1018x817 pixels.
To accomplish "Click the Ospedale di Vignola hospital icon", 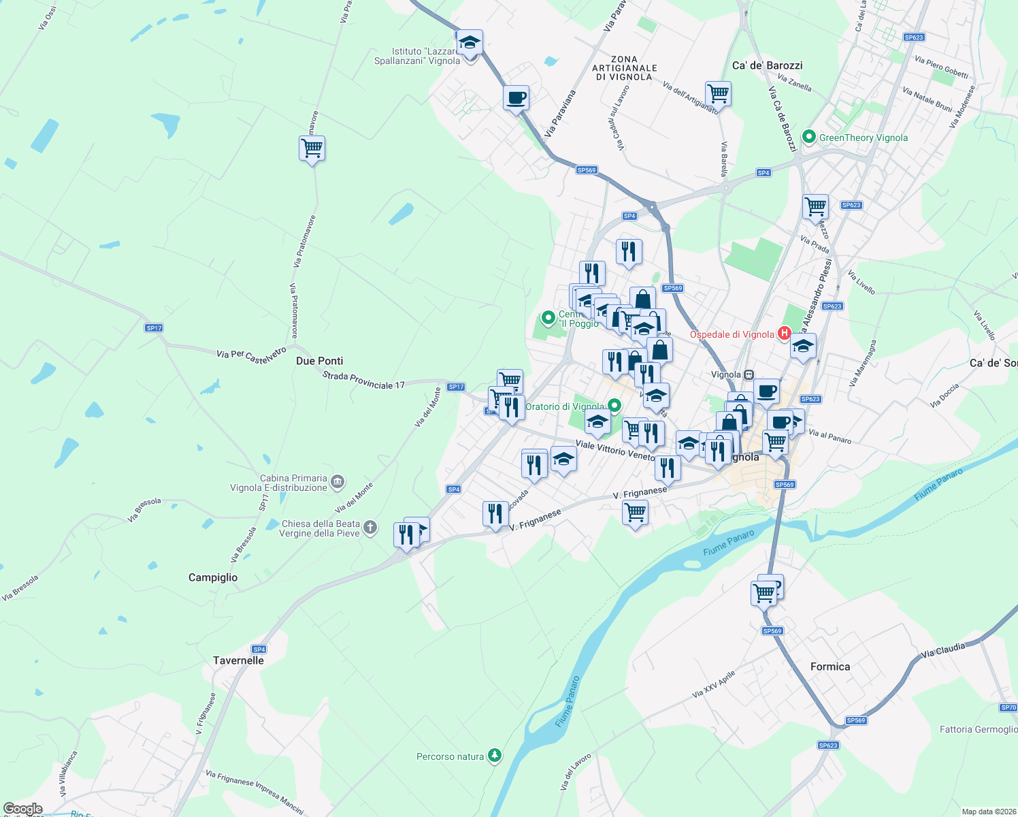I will pyautogui.click(x=784, y=334).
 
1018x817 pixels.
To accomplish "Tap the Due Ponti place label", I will pyautogui.click(x=320, y=361).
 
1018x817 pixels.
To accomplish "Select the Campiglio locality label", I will pyautogui.click(x=213, y=577).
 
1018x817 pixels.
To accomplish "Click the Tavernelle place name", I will pyautogui.click(x=238, y=660).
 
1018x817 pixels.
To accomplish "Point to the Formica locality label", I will pyautogui.click(x=830, y=667).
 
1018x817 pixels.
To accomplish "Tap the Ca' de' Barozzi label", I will pyautogui.click(x=768, y=65).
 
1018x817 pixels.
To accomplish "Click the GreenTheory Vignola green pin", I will pyautogui.click(x=809, y=137).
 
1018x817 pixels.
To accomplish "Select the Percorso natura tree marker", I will pyautogui.click(x=495, y=756).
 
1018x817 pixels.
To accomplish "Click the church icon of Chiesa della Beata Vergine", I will pyautogui.click(x=370, y=528).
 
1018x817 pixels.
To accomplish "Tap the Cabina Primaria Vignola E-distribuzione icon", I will pyautogui.click(x=338, y=483).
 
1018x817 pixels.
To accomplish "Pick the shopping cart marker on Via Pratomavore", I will pyautogui.click(x=312, y=148).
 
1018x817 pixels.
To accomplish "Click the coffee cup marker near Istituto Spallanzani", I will pyautogui.click(x=516, y=97).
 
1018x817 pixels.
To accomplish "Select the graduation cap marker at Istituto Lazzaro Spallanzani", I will pyautogui.click(x=470, y=43).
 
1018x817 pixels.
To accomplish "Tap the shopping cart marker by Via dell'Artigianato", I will pyautogui.click(x=718, y=93).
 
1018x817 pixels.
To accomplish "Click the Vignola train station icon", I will pyautogui.click(x=749, y=374).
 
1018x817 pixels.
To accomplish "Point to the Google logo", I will pyautogui.click(x=23, y=809).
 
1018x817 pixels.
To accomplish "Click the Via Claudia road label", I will pyautogui.click(x=942, y=650).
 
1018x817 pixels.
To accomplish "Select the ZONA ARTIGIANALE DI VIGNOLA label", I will pyautogui.click(x=625, y=68).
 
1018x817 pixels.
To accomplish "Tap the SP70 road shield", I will pyautogui.click(x=1008, y=707).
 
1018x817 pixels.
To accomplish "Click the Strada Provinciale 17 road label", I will pyautogui.click(x=363, y=381).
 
